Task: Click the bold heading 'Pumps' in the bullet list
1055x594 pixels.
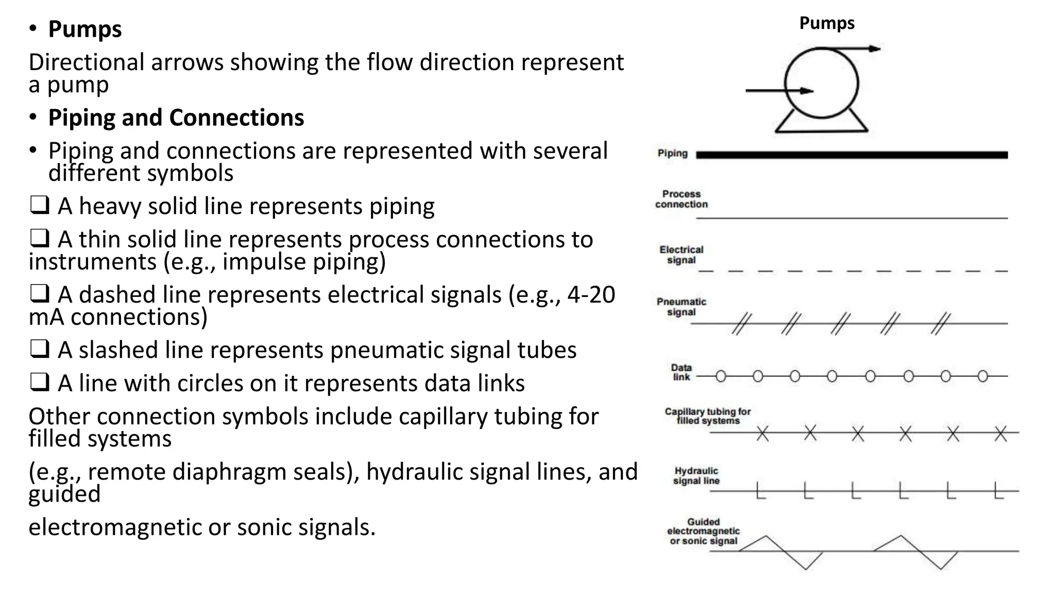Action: click(84, 29)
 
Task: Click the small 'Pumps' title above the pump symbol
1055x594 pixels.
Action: click(826, 23)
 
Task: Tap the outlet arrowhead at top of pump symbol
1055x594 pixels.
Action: click(874, 49)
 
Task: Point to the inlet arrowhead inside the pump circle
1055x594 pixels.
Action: click(807, 91)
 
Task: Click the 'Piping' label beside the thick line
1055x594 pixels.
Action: click(672, 153)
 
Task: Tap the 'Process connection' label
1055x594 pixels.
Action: click(681, 199)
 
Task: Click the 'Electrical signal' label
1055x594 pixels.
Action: click(681, 255)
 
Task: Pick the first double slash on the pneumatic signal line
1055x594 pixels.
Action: click(741, 324)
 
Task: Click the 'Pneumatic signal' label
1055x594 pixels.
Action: click(681, 307)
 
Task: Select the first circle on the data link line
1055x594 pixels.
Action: click(721, 376)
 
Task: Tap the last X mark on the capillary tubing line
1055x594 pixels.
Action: click(1000, 433)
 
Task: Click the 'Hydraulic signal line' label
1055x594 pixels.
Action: click(696, 476)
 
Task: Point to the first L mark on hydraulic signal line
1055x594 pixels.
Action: click(760, 491)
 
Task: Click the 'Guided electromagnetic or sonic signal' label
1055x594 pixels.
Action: click(703, 532)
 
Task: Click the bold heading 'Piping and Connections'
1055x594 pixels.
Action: click(176, 118)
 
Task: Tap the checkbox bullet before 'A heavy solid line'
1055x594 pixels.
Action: click(39, 206)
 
